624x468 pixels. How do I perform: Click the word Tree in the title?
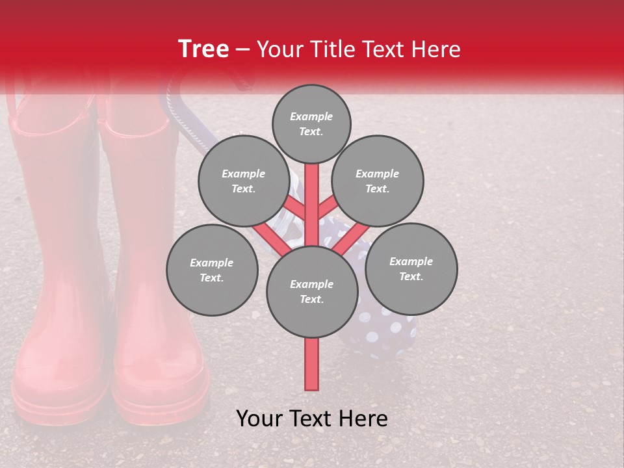(203, 49)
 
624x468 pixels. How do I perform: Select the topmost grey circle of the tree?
(311, 123)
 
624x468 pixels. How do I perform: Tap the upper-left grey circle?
(244, 181)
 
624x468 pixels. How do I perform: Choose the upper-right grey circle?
(378, 181)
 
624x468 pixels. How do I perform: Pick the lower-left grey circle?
(212, 270)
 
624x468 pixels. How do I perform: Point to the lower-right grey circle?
(411, 268)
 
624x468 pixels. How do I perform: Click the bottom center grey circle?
(311, 291)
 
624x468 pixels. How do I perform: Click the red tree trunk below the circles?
(311, 364)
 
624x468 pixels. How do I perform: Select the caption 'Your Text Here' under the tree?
(311, 419)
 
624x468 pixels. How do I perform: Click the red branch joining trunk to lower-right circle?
(351, 237)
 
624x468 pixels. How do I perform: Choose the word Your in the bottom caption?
(258, 419)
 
